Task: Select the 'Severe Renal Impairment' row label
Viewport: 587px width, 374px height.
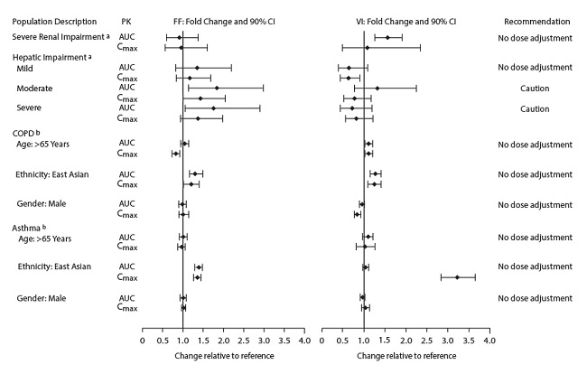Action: (58, 36)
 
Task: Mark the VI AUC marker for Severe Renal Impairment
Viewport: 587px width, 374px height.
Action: (388, 37)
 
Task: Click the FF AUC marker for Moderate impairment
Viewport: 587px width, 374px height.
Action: (217, 88)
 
